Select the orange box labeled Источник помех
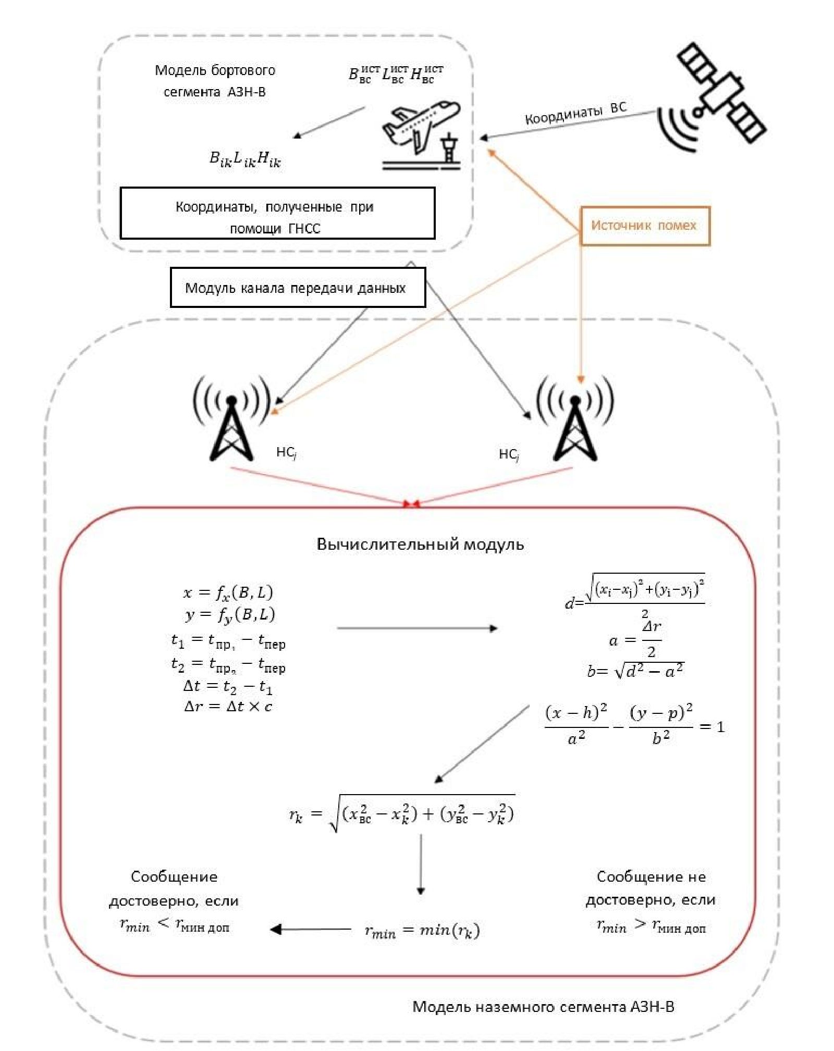click(x=645, y=226)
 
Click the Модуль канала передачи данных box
click(x=298, y=288)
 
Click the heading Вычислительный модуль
click(x=420, y=545)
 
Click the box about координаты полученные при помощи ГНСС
click(x=277, y=213)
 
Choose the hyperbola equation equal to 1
click(x=634, y=726)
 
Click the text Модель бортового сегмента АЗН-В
click(x=215, y=81)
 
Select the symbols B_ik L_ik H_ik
click(x=245, y=159)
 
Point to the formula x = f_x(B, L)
click(x=228, y=592)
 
